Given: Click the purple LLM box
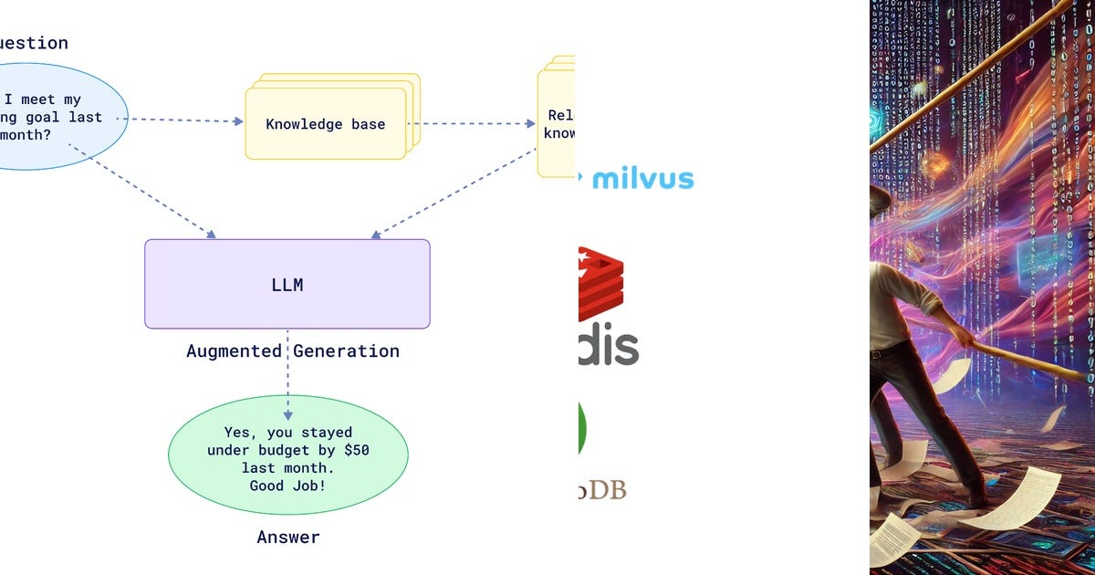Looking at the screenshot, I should click(x=287, y=284).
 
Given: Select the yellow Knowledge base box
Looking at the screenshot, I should click(x=325, y=124).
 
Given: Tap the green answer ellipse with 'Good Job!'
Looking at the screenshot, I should click(x=287, y=455).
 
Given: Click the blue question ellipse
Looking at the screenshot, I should click(x=55, y=117).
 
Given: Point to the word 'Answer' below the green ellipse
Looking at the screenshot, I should click(x=288, y=537).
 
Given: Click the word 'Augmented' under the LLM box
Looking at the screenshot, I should click(x=234, y=350).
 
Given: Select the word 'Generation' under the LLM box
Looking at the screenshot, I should click(x=346, y=350).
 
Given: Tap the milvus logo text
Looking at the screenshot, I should click(x=642, y=178).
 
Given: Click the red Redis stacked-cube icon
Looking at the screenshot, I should click(x=600, y=283).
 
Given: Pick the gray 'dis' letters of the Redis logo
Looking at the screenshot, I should click(x=608, y=346).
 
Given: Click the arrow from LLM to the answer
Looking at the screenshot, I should click(x=287, y=365).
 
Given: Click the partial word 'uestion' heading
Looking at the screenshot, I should click(x=34, y=43).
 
